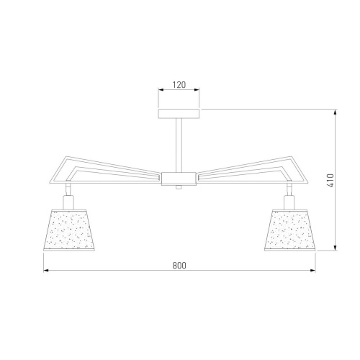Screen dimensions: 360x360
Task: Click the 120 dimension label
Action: pyautogui.click(x=179, y=85)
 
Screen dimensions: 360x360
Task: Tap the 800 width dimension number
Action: pyautogui.click(x=179, y=266)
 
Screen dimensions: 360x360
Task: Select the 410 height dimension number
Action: pyautogui.click(x=330, y=181)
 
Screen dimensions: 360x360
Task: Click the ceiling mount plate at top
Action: pyautogui.click(x=179, y=114)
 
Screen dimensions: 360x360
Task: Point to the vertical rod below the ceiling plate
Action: pyautogui.click(x=179, y=145)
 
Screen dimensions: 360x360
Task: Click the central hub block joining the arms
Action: pyautogui.click(x=179, y=179)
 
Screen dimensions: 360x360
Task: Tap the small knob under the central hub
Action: pyautogui.click(x=179, y=187)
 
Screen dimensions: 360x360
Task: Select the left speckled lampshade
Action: pyautogui.click(x=69, y=230)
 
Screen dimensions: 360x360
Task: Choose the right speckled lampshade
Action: pyautogui.click(x=290, y=230)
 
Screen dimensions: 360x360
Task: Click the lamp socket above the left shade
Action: pyautogui.click(x=68, y=202)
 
